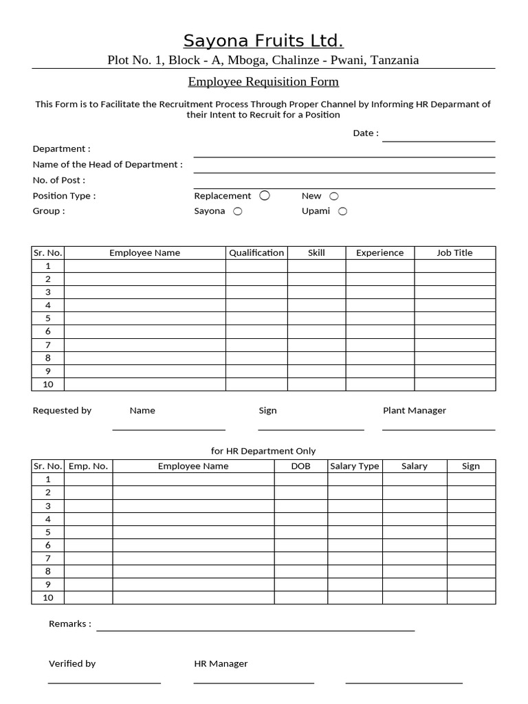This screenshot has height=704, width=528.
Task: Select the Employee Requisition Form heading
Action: click(263, 82)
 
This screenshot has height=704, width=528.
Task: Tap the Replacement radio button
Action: click(265, 196)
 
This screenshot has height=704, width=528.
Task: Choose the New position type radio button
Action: click(334, 197)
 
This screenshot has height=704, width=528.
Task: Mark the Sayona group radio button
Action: click(238, 212)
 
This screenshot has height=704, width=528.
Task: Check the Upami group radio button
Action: click(342, 212)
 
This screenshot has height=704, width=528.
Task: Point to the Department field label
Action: click(61, 148)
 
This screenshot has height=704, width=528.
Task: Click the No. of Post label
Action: click(59, 180)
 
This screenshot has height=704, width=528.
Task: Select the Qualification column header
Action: click(256, 252)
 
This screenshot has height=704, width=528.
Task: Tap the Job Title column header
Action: click(454, 252)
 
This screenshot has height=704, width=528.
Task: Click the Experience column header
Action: click(379, 252)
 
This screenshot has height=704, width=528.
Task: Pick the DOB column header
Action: click(300, 465)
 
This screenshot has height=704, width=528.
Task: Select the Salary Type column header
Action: click(355, 465)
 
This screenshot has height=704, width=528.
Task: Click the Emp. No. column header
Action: click(88, 465)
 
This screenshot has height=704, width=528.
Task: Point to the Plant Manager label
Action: click(414, 410)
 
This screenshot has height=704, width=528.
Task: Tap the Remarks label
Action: click(70, 624)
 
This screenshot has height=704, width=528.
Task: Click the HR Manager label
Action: click(221, 663)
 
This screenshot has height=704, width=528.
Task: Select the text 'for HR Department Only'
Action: click(263, 451)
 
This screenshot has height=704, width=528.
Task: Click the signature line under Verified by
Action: click(104, 683)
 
